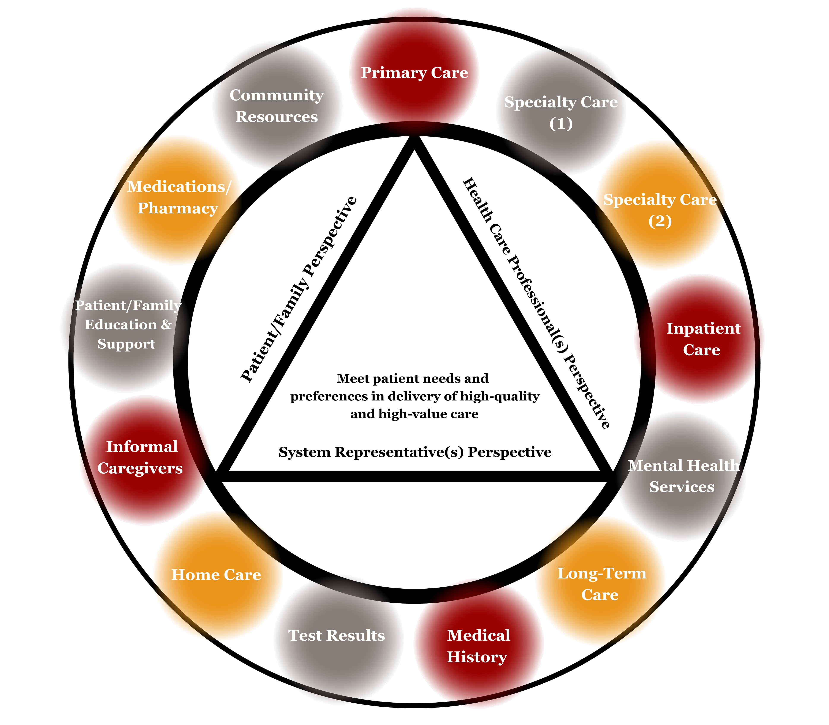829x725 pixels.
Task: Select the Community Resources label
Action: [x=277, y=106]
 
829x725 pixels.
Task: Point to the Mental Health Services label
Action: [x=683, y=476]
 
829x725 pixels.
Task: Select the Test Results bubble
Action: [x=337, y=635]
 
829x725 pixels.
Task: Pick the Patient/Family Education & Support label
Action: [x=128, y=325]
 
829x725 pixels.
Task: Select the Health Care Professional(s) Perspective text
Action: [x=536, y=303]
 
